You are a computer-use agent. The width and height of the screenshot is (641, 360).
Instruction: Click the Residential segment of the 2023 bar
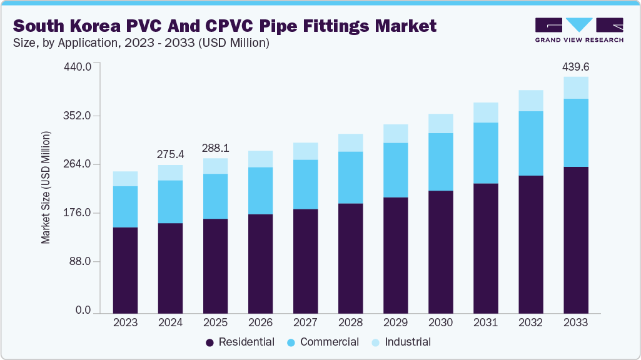125,269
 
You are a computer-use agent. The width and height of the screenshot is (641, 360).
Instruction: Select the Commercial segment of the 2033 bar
575,132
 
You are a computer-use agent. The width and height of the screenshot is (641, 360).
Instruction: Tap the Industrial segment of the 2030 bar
440,123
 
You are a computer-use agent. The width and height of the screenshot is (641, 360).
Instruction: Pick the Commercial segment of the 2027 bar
305,184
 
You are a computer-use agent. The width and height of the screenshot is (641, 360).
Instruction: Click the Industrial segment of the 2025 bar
215,166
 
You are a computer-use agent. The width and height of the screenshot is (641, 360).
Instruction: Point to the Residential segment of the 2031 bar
485,247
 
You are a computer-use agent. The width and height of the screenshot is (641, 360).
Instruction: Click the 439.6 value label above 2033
575,66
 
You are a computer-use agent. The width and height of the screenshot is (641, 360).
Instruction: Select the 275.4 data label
170,154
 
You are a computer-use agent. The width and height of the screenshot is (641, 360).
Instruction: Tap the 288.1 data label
215,149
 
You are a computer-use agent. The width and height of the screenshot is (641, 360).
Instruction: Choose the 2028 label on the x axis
350,322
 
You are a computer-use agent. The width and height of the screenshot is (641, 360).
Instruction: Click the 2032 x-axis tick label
530,322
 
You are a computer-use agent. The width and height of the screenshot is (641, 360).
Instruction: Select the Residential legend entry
240,342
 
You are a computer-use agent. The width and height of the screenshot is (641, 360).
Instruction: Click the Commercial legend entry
323,342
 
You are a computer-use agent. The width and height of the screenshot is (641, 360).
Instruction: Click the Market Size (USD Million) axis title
46,187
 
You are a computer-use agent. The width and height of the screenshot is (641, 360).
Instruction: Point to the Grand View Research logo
578,29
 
